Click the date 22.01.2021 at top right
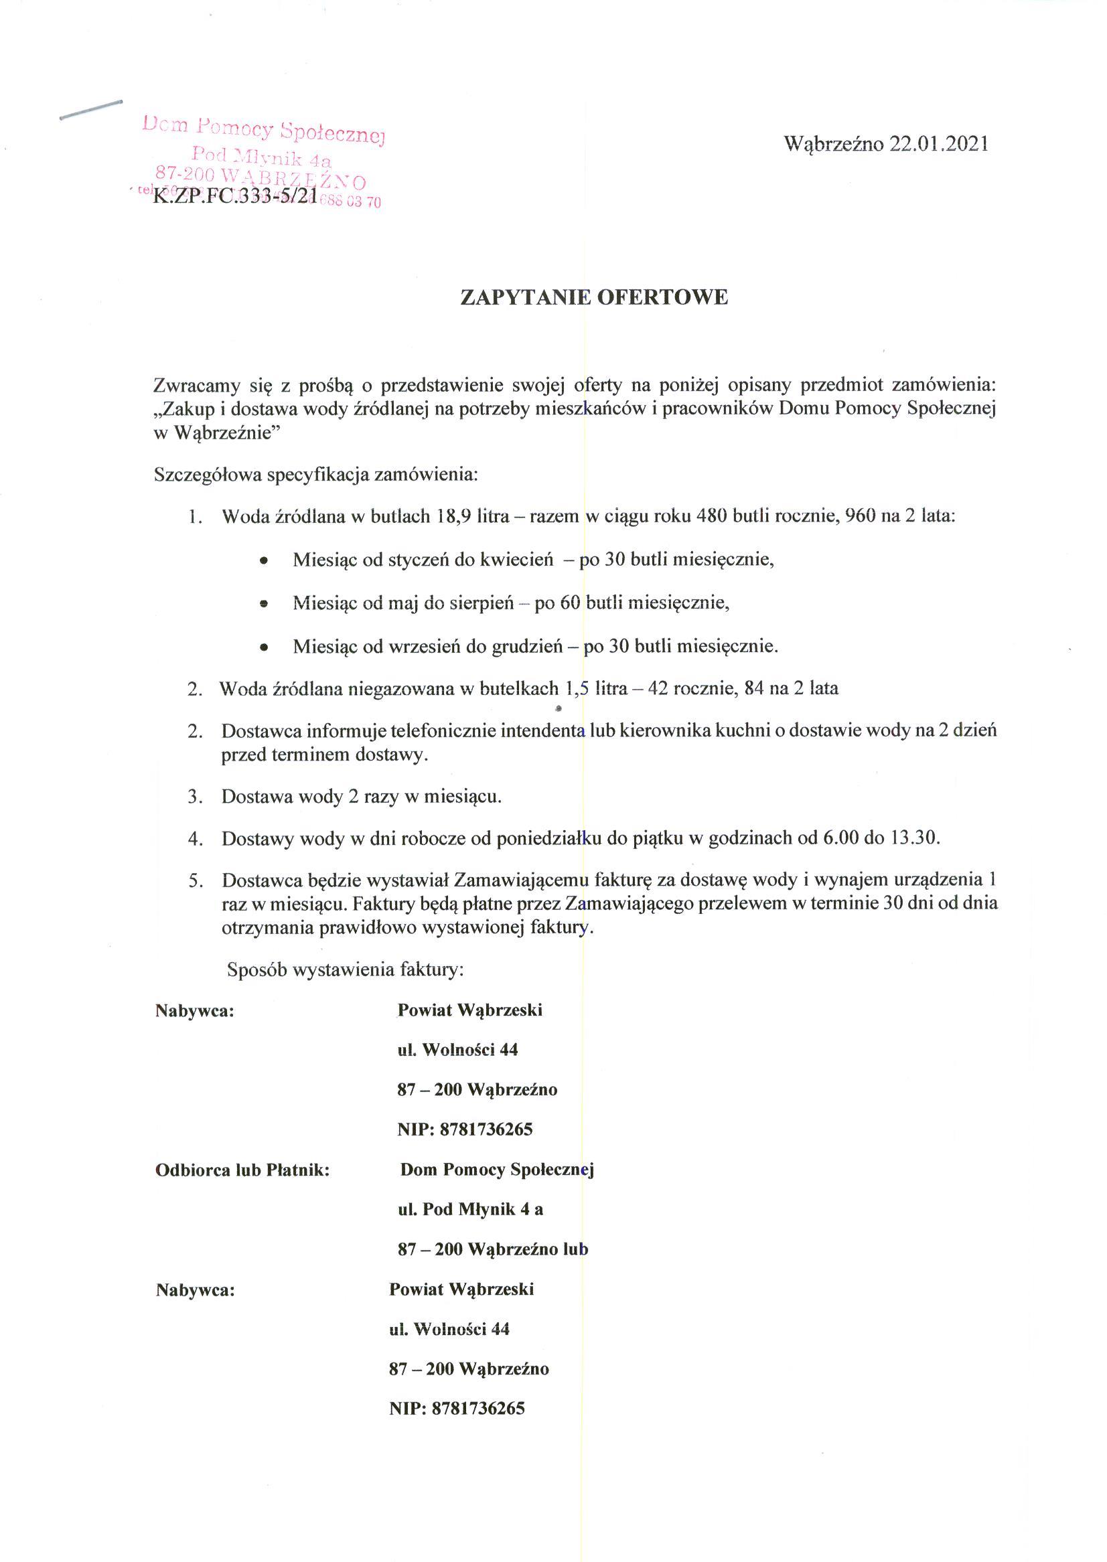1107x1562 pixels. (x=938, y=144)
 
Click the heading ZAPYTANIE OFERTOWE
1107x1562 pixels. (x=595, y=297)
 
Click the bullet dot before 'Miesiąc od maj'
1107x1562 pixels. (x=264, y=604)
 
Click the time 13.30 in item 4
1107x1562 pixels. (x=915, y=838)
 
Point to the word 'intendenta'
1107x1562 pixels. (x=542, y=731)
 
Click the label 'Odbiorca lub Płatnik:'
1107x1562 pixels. (x=242, y=1170)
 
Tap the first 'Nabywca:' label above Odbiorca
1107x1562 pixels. (x=195, y=1011)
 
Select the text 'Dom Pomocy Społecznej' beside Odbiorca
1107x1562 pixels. (x=497, y=1170)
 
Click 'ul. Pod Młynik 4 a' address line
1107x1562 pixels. (x=470, y=1210)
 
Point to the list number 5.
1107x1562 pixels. (x=196, y=881)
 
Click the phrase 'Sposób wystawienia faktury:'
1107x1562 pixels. (x=346, y=969)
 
